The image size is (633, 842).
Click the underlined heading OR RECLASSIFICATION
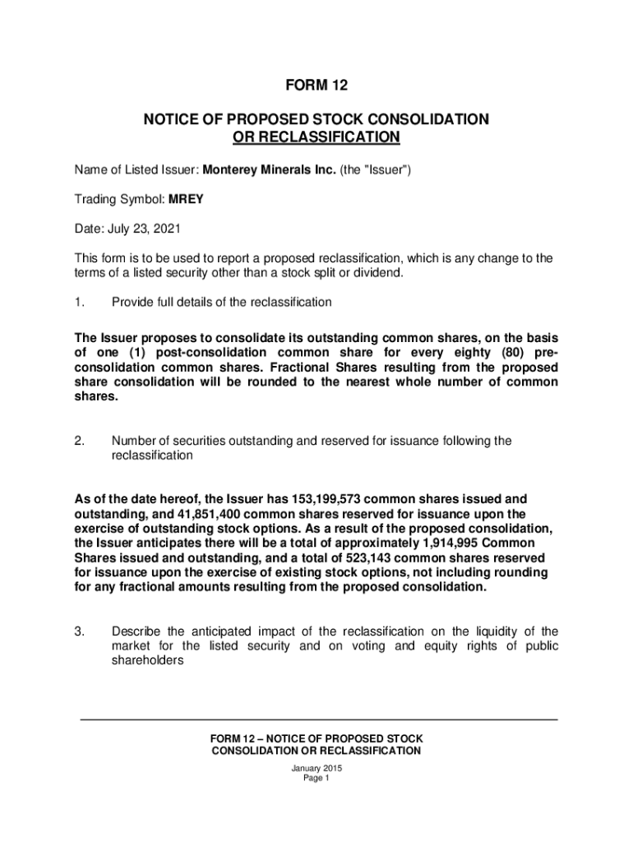(x=316, y=136)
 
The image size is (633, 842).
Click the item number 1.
(x=79, y=302)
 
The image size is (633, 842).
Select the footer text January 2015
(x=316, y=768)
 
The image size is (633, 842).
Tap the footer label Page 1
(x=316, y=779)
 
